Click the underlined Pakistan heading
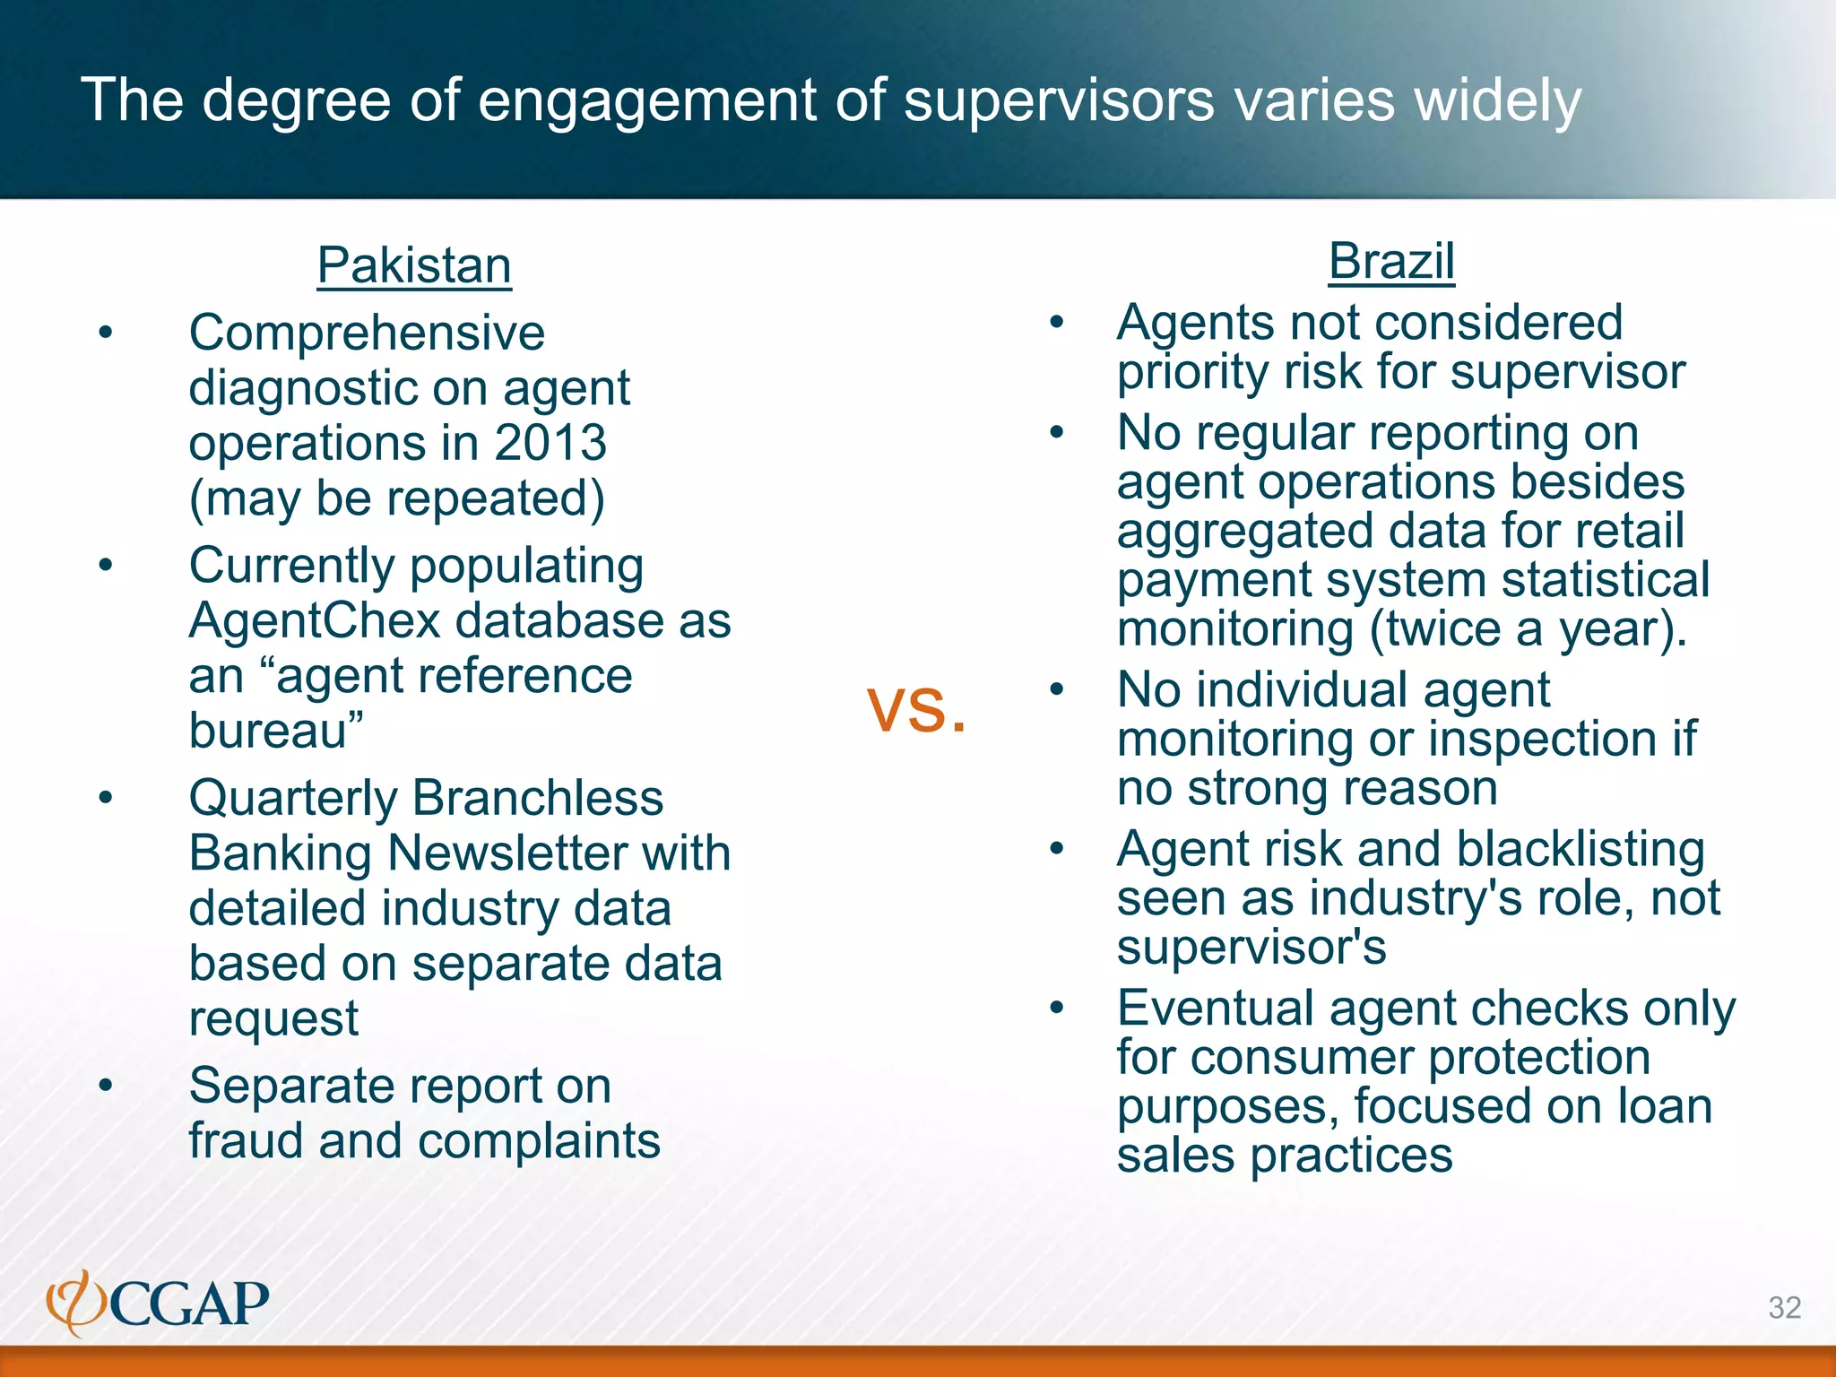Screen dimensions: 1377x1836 pyautogui.click(x=414, y=265)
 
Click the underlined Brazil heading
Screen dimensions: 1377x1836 pyautogui.click(x=1390, y=262)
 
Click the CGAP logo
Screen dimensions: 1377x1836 pyautogui.click(x=158, y=1303)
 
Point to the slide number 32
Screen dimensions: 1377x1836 pyautogui.click(x=1784, y=1307)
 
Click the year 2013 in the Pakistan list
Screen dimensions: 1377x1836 pyautogui.click(x=550, y=443)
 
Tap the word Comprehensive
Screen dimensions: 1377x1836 pyautogui.click(x=367, y=333)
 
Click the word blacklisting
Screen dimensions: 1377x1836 pyautogui.click(x=1580, y=849)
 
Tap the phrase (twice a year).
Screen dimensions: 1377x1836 pyautogui.click(x=1528, y=628)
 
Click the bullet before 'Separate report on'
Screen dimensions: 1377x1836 pyautogui.click(x=106, y=1086)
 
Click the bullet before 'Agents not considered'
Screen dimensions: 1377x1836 pyautogui.click(x=1057, y=322)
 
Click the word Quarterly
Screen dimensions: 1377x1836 pyautogui.click(x=293, y=798)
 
